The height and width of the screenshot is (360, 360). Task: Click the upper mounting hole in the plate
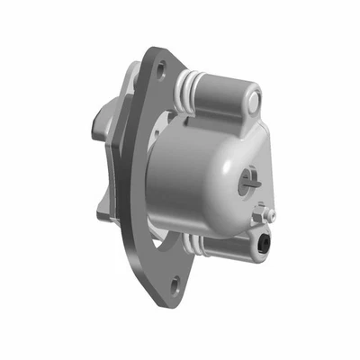pyautogui.click(x=160, y=67)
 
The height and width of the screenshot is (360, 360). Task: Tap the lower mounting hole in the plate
pyautogui.click(x=175, y=286)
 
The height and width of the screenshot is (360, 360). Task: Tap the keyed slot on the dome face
pyautogui.click(x=249, y=179)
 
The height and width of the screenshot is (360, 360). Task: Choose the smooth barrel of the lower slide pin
pyautogui.click(x=229, y=243)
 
